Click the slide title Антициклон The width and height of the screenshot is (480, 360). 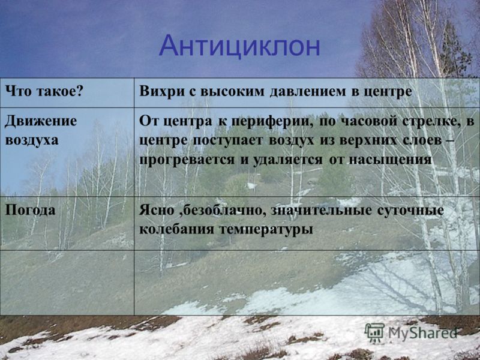point(239,46)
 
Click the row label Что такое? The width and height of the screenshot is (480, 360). point(44,92)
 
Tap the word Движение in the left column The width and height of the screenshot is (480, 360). point(41,121)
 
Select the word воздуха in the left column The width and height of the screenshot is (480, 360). point(32,140)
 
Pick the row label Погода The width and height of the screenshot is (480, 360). point(31,211)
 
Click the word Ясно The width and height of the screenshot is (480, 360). point(157,211)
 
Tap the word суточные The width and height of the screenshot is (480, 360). point(410,211)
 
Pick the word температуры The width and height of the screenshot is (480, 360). point(266,230)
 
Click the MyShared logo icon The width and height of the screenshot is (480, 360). point(374,332)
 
